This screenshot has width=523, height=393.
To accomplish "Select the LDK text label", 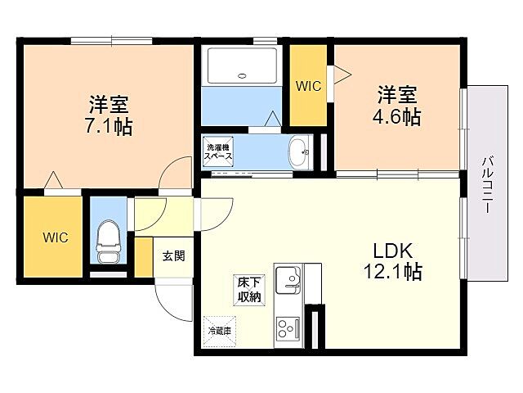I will pyautogui.click(x=397, y=251).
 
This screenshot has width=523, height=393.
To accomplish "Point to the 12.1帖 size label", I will pyautogui.click(x=397, y=273).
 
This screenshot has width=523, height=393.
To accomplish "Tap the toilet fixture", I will pyautogui.click(x=106, y=238).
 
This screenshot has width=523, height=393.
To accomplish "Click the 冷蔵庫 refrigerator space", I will pyautogui.click(x=219, y=332).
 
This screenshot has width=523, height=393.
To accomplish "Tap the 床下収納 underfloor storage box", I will pyautogui.click(x=248, y=289).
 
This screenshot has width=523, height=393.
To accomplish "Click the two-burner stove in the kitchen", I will pyautogui.click(x=287, y=327).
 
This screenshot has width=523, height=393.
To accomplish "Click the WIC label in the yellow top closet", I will pyautogui.click(x=308, y=85).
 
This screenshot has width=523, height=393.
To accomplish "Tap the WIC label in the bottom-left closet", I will pyautogui.click(x=55, y=237).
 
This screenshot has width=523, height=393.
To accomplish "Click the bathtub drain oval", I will pyautogui.click(x=242, y=76).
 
